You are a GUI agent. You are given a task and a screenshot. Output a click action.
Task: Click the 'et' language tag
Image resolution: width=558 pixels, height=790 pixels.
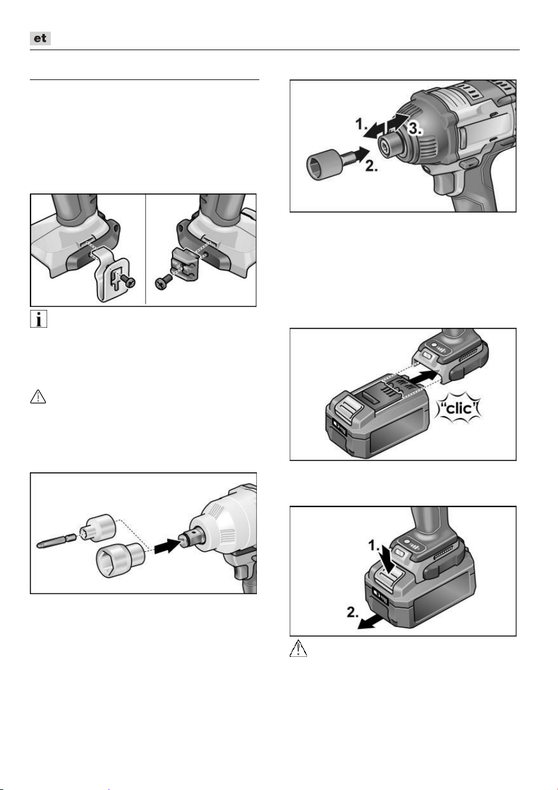(x=40, y=38)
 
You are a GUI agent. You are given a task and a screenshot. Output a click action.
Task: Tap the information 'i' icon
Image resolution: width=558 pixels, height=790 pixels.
(x=38, y=319)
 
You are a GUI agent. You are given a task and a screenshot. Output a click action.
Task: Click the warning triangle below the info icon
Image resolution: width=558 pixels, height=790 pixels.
(x=38, y=396)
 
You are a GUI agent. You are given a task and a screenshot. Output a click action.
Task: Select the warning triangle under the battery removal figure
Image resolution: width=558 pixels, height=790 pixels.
(x=298, y=648)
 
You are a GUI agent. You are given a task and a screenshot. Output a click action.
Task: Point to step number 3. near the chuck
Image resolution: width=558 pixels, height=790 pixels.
(x=415, y=129)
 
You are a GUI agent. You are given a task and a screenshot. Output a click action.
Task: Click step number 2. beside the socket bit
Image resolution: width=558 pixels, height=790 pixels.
(x=371, y=166)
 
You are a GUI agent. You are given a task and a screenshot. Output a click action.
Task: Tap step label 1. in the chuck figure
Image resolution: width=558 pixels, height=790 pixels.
(x=361, y=124)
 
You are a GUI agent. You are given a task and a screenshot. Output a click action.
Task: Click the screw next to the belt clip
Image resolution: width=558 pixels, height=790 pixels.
(x=128, y=282)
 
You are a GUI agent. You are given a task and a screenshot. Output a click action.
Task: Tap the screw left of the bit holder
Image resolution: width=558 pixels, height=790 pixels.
(x=164, y=282)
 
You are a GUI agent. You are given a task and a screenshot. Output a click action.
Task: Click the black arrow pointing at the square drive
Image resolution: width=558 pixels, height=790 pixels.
(x=168, y=546)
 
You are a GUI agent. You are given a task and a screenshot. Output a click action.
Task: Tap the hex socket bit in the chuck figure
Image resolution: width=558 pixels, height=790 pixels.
(x=330, y=162)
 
